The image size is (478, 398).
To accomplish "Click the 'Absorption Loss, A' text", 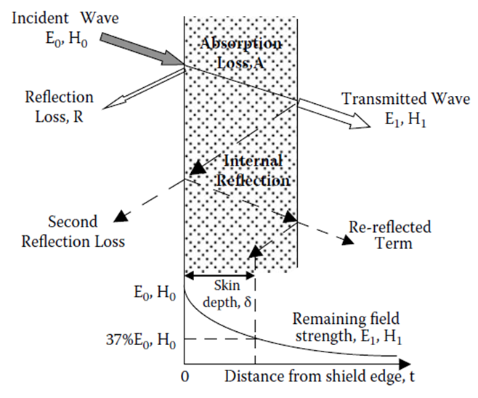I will tap(240, 54).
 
